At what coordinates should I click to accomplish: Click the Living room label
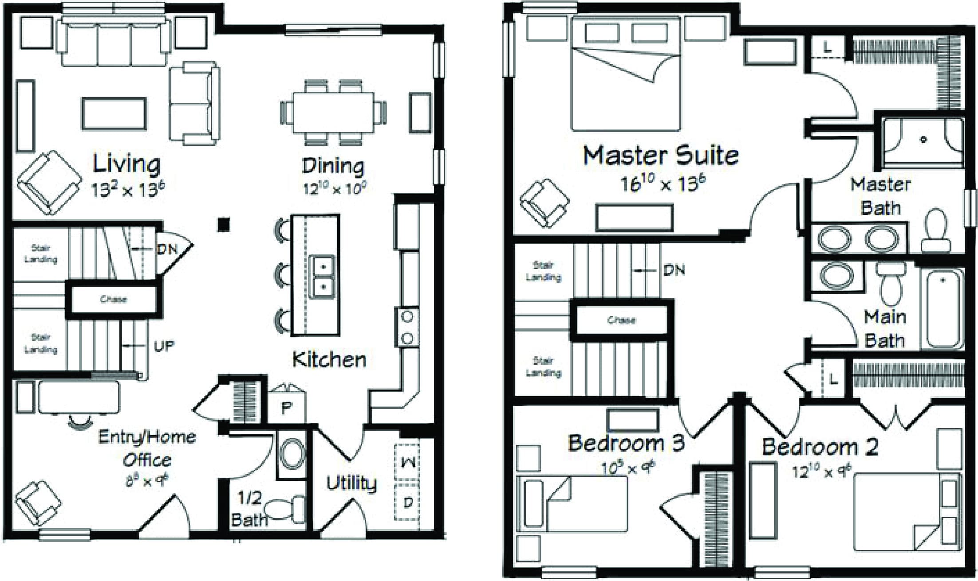tap(126, 164)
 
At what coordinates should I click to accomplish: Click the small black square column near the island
tap(224, 224)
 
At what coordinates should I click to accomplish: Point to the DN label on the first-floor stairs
tap(167, 249)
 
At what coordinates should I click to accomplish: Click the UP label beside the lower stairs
tap(164, 346)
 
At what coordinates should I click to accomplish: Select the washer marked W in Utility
tap(407, 462)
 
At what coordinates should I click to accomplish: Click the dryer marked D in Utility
tap(407, 503)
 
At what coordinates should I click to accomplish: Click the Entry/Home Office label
tap(147, 448)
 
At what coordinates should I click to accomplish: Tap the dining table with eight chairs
tap(333, 112)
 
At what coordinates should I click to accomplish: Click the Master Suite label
tap(660, 156)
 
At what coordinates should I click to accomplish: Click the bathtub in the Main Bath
tap(942, 308)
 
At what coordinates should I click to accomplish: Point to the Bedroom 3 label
tap(626, 443)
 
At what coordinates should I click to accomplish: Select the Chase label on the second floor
tap(621, 320)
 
